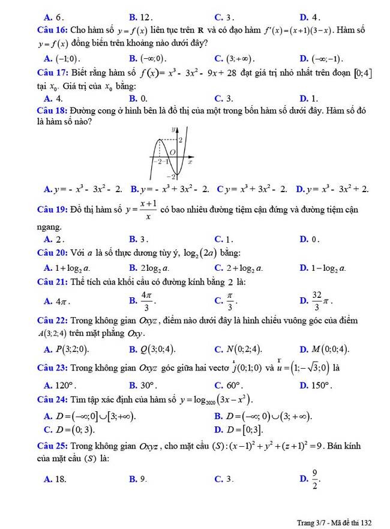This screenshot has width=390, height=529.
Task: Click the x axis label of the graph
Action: point(190,162)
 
